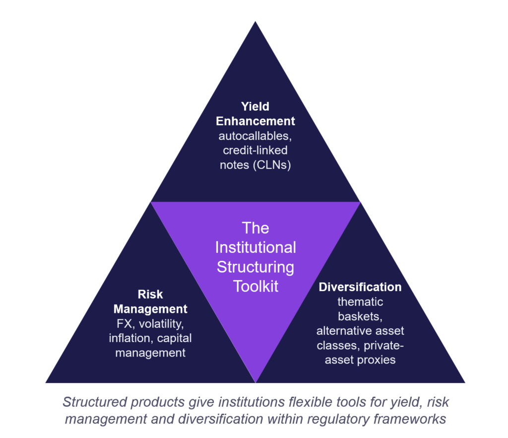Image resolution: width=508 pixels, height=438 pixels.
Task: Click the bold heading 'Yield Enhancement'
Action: pyautogui.click(x=255, y=114)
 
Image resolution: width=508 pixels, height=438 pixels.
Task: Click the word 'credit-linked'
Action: pyautogui.click(x=255, y=150)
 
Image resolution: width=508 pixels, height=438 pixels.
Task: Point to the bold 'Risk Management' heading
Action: pyautogui.click(x=150, y=301)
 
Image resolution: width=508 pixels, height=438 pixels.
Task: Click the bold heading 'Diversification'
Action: pyautogui.click(x=360, y=287)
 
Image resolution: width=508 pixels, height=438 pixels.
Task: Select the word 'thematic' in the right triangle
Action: pyautogui.click(x=360, y=301)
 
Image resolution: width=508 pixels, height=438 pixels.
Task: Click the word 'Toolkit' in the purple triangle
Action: pyautogui.click(x=255, y=287)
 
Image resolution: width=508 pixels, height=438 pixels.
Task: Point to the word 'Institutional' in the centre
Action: pyautogui.click(x=255, y=247)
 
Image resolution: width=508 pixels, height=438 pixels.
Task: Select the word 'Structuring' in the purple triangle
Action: pyautogui.click(x=255, y=267)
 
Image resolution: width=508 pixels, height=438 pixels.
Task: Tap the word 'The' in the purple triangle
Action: pyautogui.click(x=255, y=228)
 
